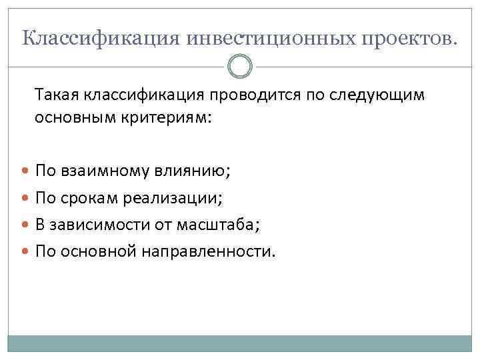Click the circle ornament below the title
240,67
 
